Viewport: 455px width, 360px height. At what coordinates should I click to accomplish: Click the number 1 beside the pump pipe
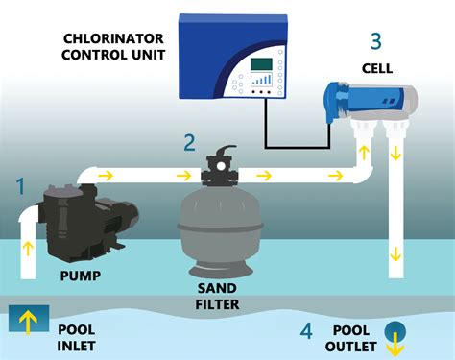pos(21,187)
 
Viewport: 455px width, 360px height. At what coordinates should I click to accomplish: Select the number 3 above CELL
pos(376,42)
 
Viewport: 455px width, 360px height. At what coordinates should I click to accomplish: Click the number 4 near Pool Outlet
pos(306,331)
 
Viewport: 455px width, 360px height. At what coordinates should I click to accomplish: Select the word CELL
pos(376,69)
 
